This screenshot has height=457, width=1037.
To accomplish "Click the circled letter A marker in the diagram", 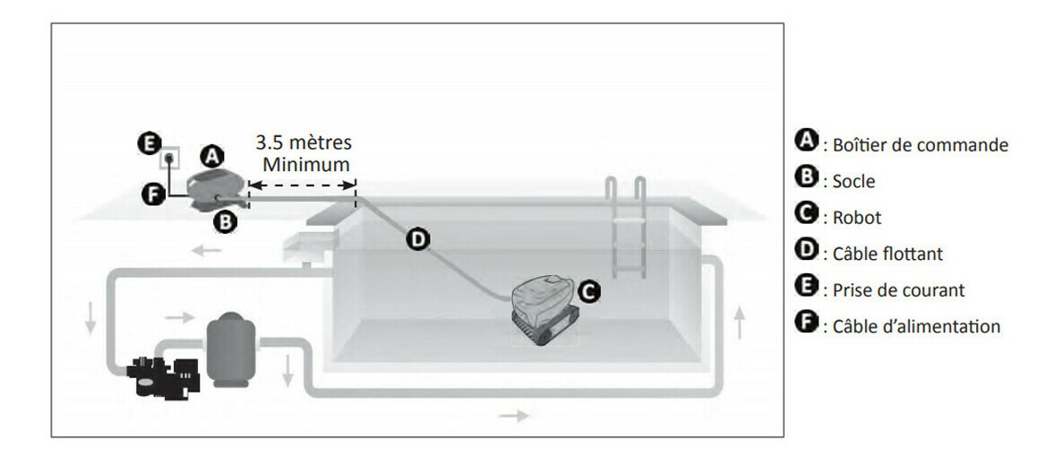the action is click(211, 156).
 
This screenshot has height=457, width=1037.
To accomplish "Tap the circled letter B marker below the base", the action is click(225, 221).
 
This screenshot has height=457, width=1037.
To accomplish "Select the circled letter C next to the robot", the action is click(588, 290).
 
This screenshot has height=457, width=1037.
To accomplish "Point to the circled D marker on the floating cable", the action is click(417, 238).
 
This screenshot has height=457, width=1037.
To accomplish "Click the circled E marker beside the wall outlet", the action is click(148, 143).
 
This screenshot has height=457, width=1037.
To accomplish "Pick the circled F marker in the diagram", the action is click(153, 194).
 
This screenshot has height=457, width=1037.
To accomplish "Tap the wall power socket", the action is click(170, 158).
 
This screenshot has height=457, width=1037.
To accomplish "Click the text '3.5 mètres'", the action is click(304, 142).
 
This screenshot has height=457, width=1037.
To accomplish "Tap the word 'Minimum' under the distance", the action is click(305, 164).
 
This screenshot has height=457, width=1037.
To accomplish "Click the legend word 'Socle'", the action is click(853, 181).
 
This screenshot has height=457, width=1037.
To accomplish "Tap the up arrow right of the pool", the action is click(740, 323).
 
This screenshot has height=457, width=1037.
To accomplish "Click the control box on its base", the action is click(215, 185).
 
